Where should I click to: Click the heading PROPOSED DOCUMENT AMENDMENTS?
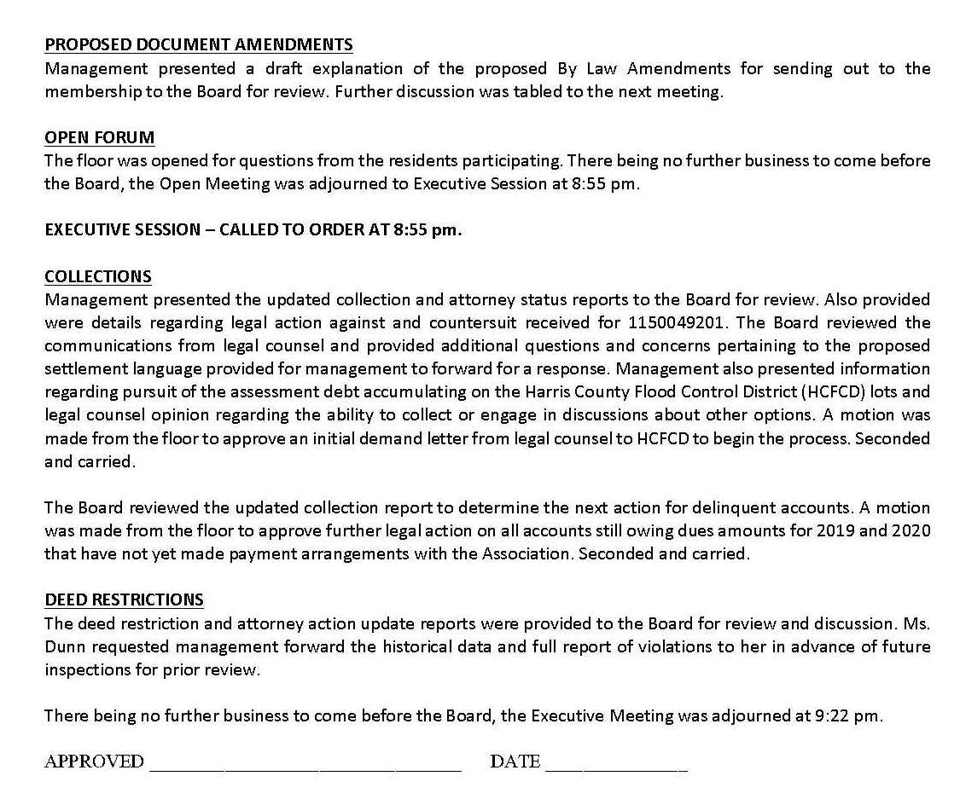pos(198,45)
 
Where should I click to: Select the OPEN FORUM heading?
pos(99,137)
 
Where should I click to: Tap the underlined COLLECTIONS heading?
pos(98,276)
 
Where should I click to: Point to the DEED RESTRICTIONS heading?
pos(124,599)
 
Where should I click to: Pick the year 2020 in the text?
pos(911,530)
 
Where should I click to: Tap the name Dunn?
pos(65,646)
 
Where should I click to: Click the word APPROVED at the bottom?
pos(94,762)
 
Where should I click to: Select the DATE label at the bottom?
pos(515,762)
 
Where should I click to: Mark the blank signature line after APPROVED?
pos(305,767)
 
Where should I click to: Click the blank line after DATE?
pos(615,767)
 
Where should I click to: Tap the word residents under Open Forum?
pos(455,160)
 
